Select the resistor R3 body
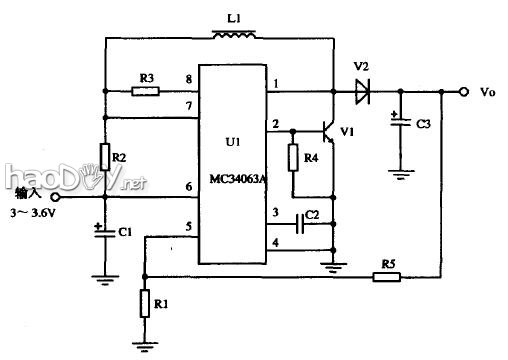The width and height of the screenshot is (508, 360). pyautogui.click(x=146, y=91)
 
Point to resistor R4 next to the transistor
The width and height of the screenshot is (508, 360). pyautogui.click(x=293, y=158)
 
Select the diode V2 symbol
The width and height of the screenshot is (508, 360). pyautogui.click(x=361, y=92)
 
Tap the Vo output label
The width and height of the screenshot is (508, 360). pyautogui.click(x=488, y=92)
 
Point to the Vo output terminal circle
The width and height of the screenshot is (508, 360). pyautogui.click(x=463, y=92)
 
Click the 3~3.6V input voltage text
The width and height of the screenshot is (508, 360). pyautogui.click(x=34, y=213)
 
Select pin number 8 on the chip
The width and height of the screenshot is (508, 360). pyautogui.click(x=188, y=79)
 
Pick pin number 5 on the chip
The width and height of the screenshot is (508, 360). pyautogui.click(x=188, y=227)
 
